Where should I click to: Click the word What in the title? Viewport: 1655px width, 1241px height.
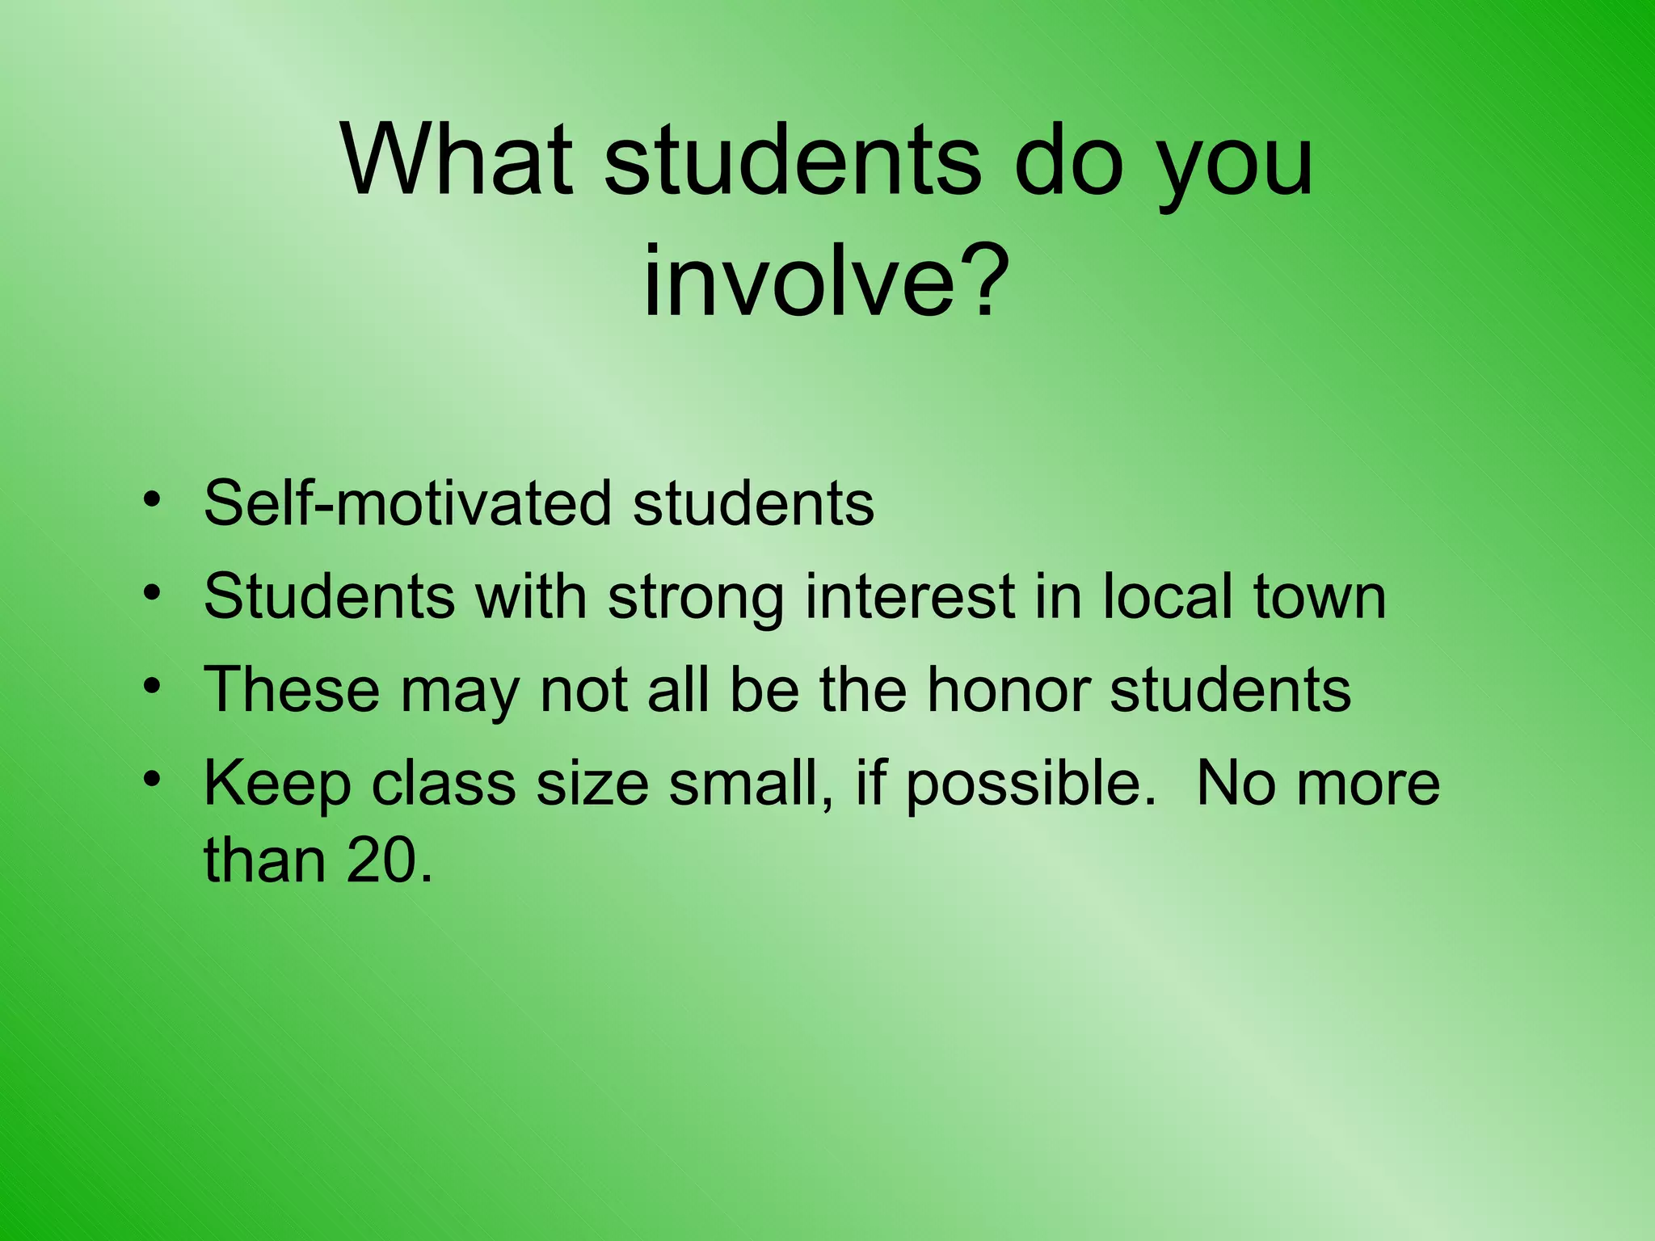pyautogui.click(x=457, y=159)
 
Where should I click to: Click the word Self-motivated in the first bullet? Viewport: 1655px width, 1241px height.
pyautogui.click(x=407, y=503)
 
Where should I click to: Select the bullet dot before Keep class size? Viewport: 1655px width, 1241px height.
pyautogui.click(x=150, y=780)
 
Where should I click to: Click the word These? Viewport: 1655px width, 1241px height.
pyautogui.click(x=292, y=690)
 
